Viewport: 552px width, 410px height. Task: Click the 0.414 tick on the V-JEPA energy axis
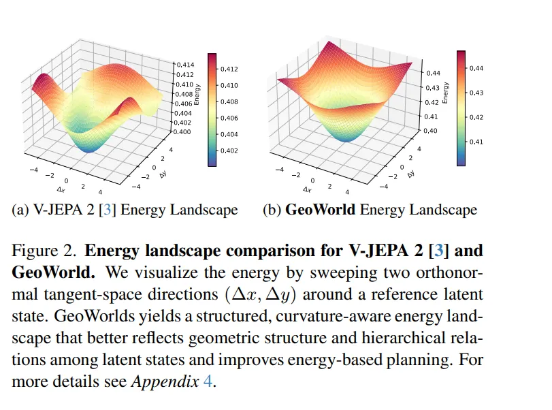(x=185, y=64)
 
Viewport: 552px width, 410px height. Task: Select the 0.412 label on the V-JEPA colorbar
(x=229, y=69)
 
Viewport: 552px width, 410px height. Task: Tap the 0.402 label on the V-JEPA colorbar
(x=229, y=151)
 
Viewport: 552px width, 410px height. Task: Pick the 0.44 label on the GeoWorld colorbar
(x=476, y=68)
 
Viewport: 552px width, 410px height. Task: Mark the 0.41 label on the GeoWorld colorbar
(x=476, y=142)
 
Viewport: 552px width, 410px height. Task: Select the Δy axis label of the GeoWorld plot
(x=411, y=174)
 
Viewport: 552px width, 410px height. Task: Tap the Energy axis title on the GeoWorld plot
(x=445, y=92)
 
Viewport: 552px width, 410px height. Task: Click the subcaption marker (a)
(x=21, y=210)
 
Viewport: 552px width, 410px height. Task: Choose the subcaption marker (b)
(x=272, y=210)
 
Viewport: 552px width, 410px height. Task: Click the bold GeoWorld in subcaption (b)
(x=320, y=210)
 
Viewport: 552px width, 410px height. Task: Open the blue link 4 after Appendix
(x=208, y=381)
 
